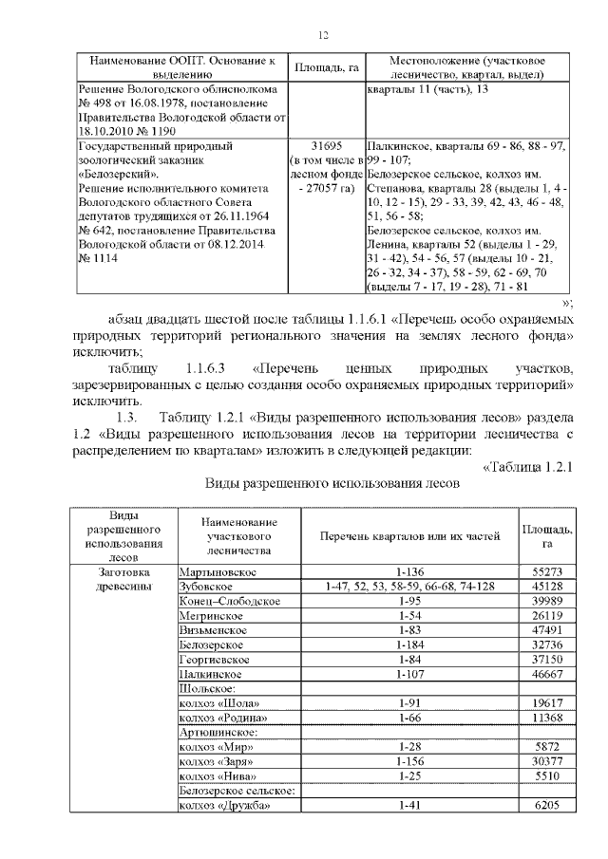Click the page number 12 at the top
[322, 35]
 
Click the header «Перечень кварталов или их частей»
[409, 535]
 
